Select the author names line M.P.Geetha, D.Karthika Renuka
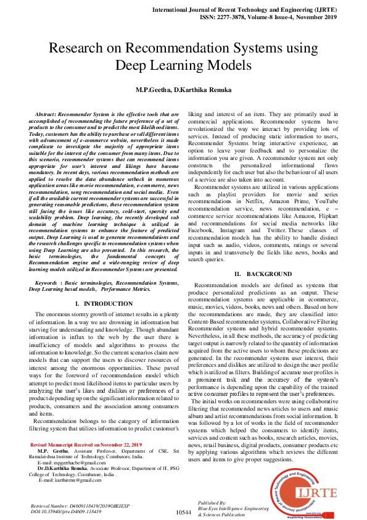tap(183, 90)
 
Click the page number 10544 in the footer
tap(184, 512)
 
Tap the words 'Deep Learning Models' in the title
tap(183, 65)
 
